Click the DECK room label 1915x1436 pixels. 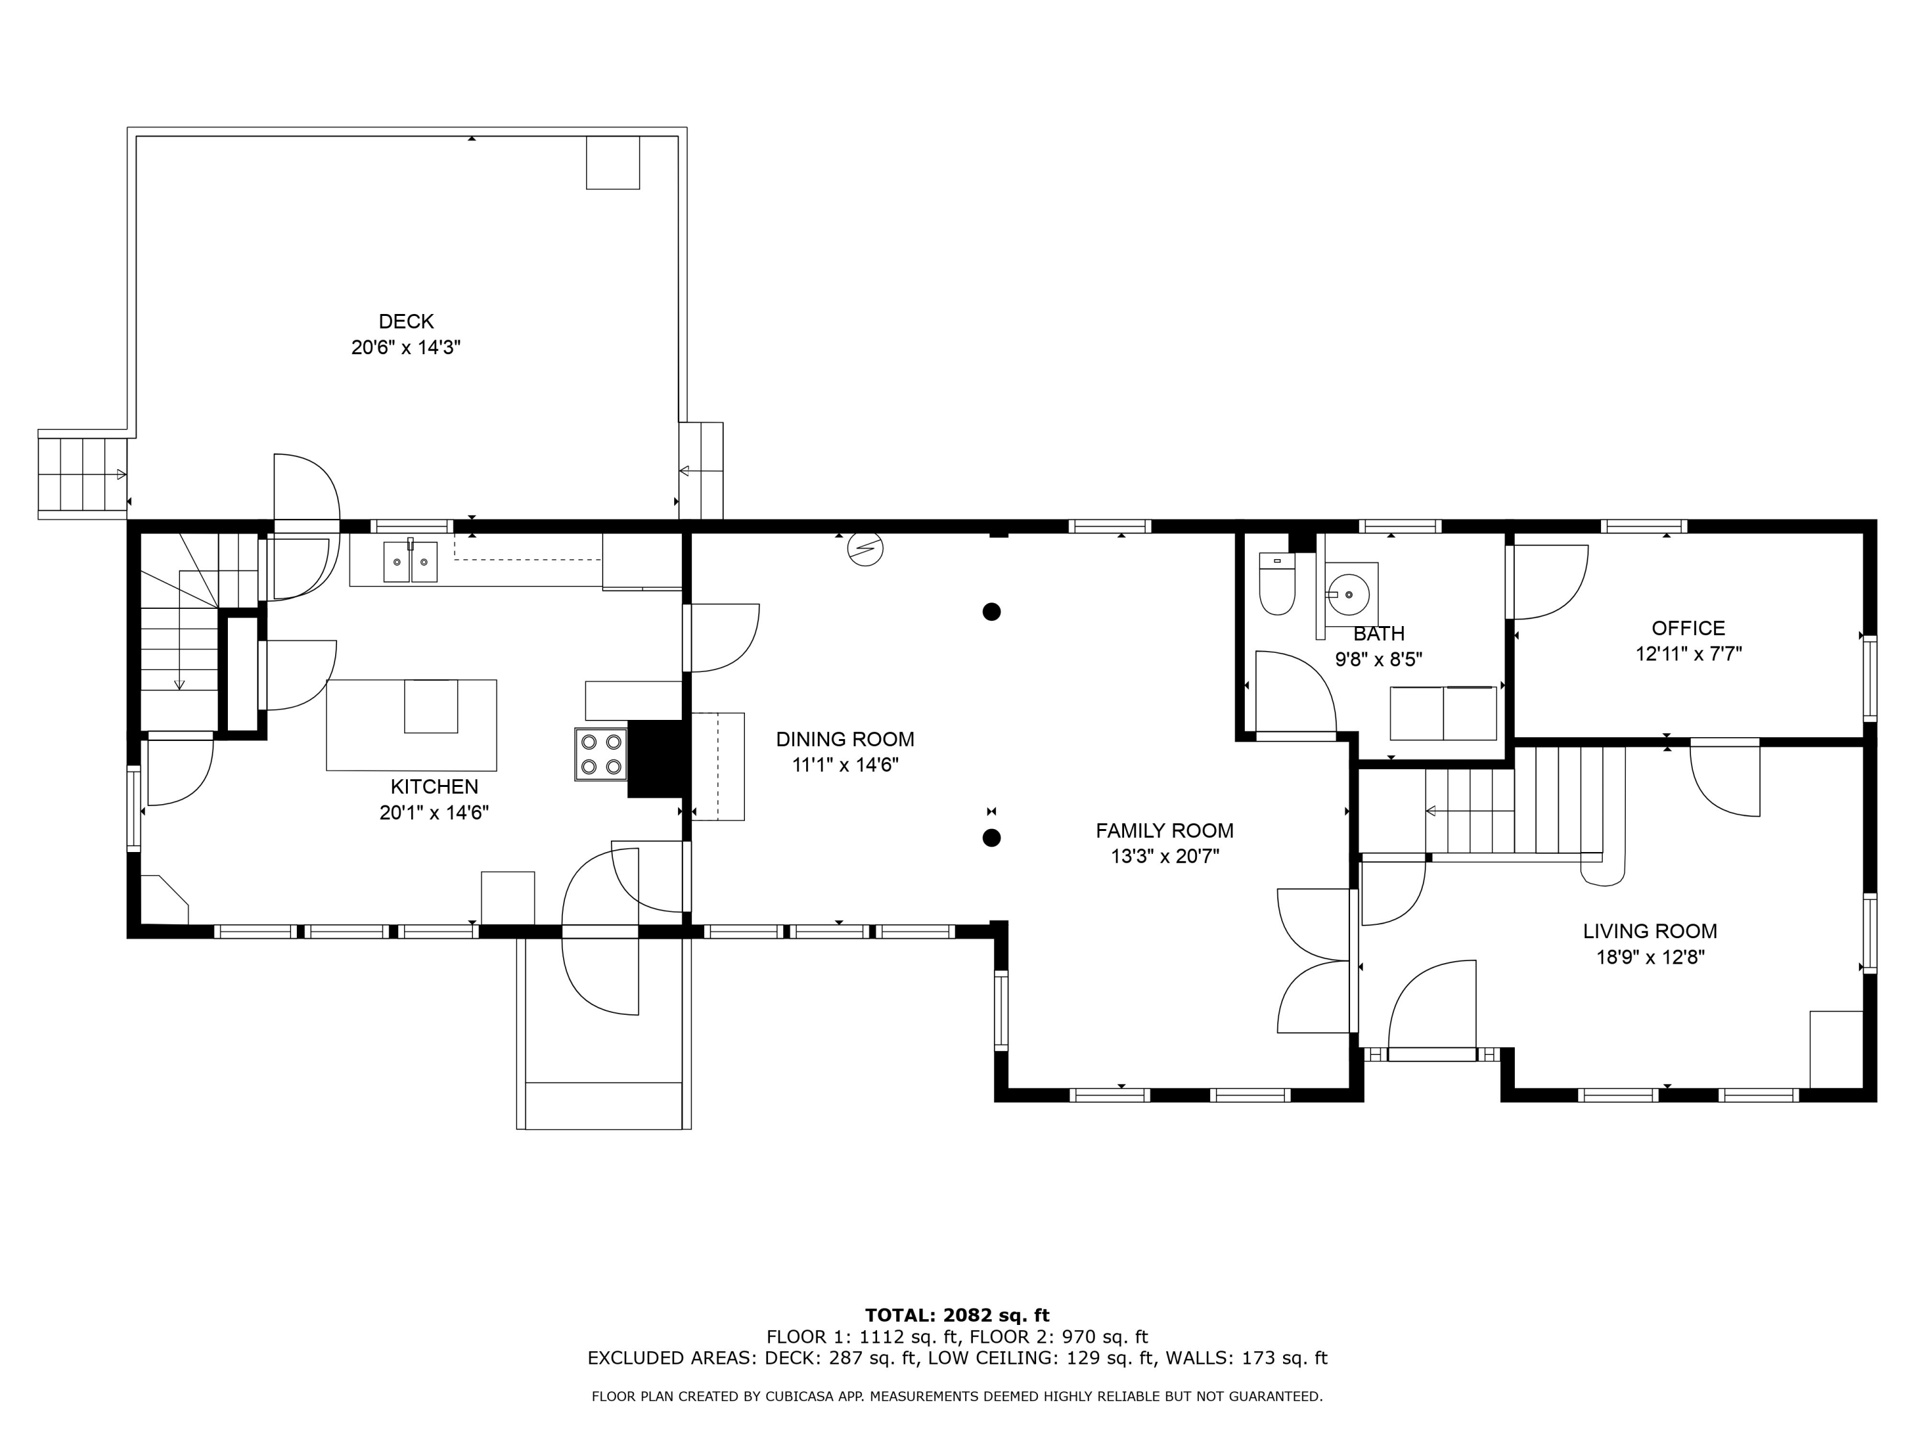click(x=406, y=321)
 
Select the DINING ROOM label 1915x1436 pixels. click(x=845, y=739)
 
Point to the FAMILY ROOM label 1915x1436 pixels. click(x=1164, y=831)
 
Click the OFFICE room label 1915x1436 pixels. click(x=1688, y=629)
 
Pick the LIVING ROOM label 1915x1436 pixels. click(x=1650, y=931)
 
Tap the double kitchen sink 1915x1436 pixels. click(x=410, y=561)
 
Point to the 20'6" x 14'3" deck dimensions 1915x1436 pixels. click(x=406, y=348)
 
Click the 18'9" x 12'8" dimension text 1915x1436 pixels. click(x=1650, y=957)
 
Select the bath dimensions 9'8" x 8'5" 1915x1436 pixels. click(x=1378, y=659)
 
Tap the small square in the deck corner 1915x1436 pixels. click(x=613, y=162)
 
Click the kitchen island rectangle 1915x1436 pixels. click(x=411, y=726)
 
